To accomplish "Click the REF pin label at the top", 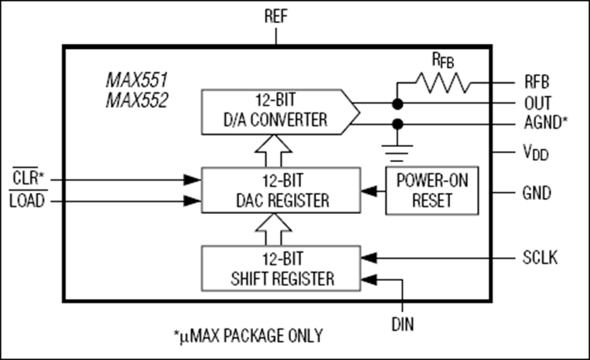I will tap(276, 17).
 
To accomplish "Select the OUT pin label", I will tap(537, 102).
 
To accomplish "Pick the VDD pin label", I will tap(535, 153).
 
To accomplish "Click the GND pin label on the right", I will tap(536, 193).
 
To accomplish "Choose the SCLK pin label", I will tap(539, 257).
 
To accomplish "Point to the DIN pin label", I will tap(402, 325).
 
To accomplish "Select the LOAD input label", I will tap(27, 202).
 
